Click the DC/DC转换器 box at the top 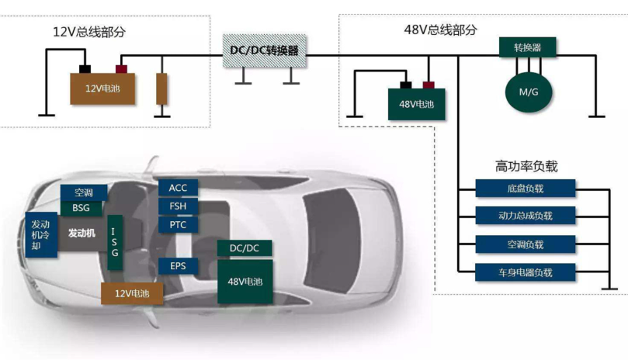click(x=265, y=50)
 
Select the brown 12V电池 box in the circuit click(x=103, y=88)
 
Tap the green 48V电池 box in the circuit click(x=417, y=104)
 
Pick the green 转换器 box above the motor click(x=527, y=47)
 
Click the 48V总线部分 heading click(x=441, y=30)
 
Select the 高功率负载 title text click(x=526, y=166)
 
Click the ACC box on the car click(x=178, y=188)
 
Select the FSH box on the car click(x=178, y=206)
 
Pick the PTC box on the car click(x=178, y=225)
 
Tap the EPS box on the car click(x=178, y=266)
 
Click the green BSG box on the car click(x=82, y=208)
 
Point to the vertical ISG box click(x=115, y=242)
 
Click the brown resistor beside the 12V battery click(x=161, y=88)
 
